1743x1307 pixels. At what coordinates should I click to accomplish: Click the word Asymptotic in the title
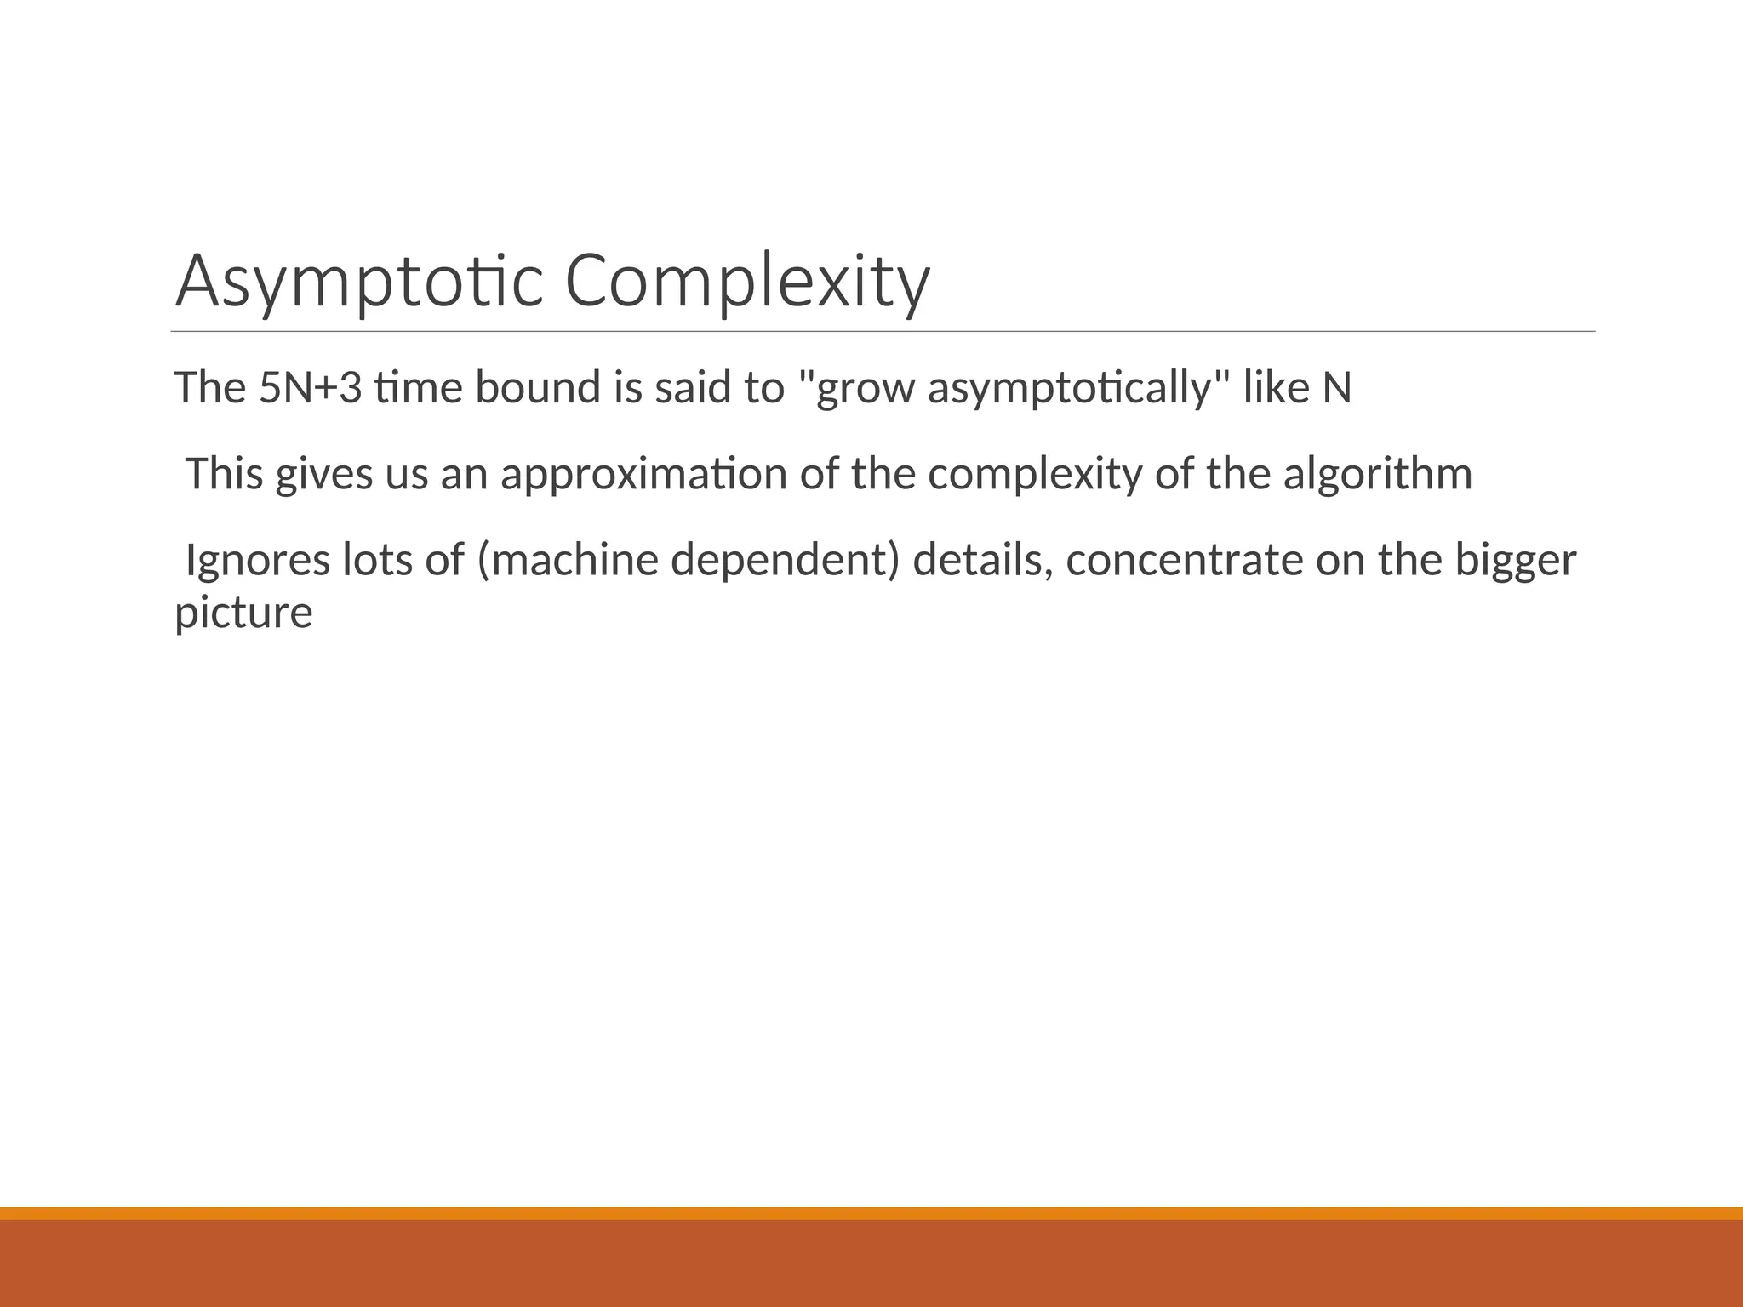(x=358, y=282)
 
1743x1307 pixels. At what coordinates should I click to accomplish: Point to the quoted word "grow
(x=856, y=388)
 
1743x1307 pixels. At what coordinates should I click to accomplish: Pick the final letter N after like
(x=1336, y=388)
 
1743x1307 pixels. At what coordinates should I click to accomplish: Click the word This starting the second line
(x=225, y=474)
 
